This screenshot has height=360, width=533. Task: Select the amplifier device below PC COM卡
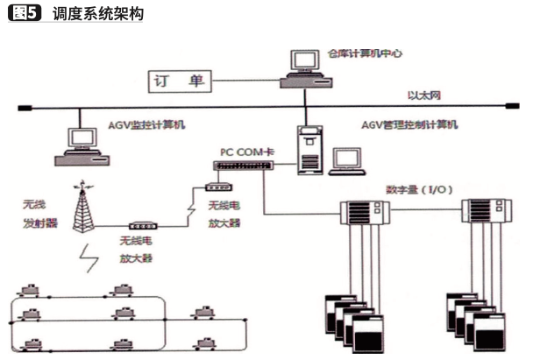(x=214, y=187)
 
